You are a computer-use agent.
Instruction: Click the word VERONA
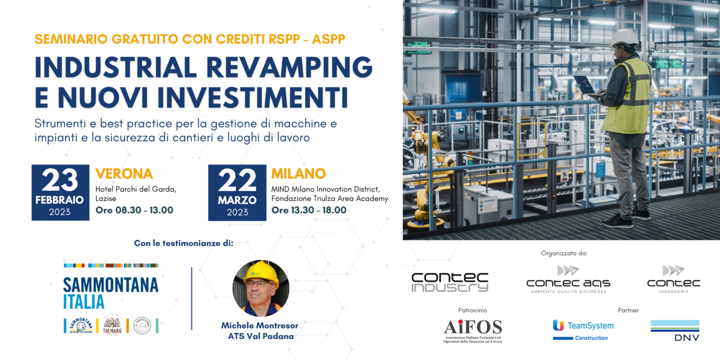pyautogui.click(x=124, y=174)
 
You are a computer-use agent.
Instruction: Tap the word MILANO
pyautogui.click(x=298, y=173)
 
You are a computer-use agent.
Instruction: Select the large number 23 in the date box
pyautogui.click(x=60, y=180)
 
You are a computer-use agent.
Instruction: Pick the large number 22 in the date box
pyautogui.click(x=237, y=180)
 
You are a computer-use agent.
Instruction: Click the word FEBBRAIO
pyautogui.click(x=60, y=200)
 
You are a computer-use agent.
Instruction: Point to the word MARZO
pyautogui.click(x=237, y=200)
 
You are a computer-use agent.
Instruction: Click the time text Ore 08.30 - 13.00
pyautogui.click(x=134, y=210)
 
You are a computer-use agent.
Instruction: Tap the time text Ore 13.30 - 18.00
pyautogui.click(x=309, y=210)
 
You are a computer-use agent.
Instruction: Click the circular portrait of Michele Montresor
pyautogui.click(x=261, y=288)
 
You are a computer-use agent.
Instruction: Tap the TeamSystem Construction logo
pyautogui.click(x=583, y=330)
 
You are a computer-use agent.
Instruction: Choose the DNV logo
pyautogui.click(x=675, y=330)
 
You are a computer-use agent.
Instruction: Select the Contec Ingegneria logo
pyautogui.click(x=674, y=280)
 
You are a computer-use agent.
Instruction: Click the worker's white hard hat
pyautogui.click(x=624, y=37)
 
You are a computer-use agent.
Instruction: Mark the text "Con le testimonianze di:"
pyautogui.click(x=183, y=243)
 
